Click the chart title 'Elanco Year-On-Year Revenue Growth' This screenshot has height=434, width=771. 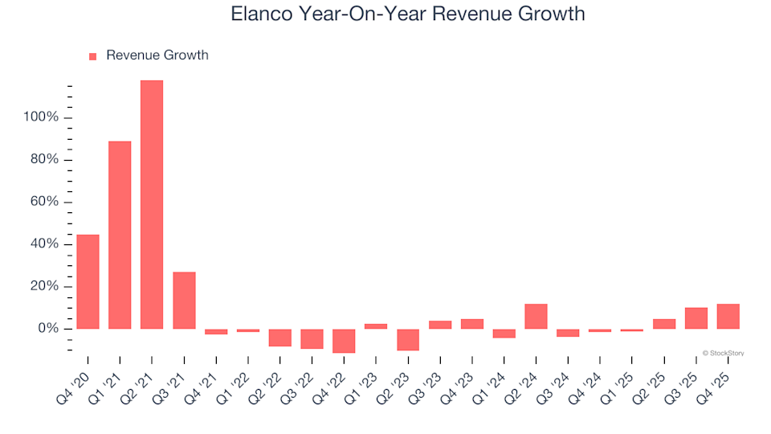click(407, 14)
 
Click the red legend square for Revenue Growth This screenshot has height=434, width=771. click(92, 56)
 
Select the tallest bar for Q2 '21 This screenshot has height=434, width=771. click(152, 204)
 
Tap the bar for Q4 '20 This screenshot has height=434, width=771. click(88, 281)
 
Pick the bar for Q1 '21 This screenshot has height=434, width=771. click(120, 235)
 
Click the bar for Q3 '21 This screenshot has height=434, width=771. click(184, 300)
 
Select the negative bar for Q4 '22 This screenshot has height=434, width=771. click(344, 341)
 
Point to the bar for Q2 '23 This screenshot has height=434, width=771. click(408, 339)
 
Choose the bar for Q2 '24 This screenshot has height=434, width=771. click(536, 316)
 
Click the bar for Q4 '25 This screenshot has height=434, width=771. click(728, 316)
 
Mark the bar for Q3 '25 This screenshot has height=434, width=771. click(696, 318)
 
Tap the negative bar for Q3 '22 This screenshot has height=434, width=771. click(312, 338)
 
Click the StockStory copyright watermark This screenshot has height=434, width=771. click(723, 352)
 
